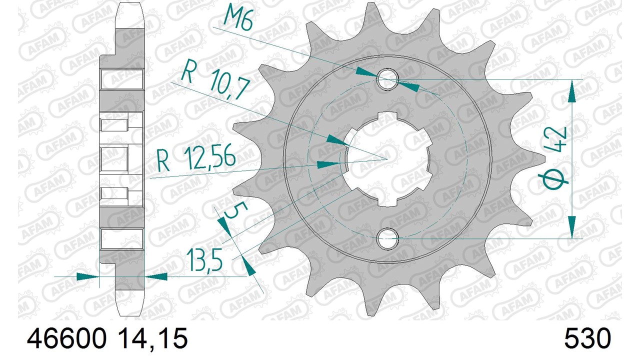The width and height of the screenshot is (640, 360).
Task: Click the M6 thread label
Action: pyautogui.click(x=238, y=17)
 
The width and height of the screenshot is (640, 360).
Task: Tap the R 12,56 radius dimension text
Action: pyautogui.click(x=196, y=159)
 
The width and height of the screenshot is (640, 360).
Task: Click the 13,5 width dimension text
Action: pyautogui.click(x=205, y=259)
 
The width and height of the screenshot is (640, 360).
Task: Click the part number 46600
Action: pyautogui.click(x=66, y=338)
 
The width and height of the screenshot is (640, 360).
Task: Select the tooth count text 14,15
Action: pyautogui.click(x=153, y=339)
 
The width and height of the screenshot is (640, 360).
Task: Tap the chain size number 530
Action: pyautogui.click(x=587, y=338)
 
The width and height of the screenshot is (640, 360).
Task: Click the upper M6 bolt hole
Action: pyautogui.click(x=387, y=79)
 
